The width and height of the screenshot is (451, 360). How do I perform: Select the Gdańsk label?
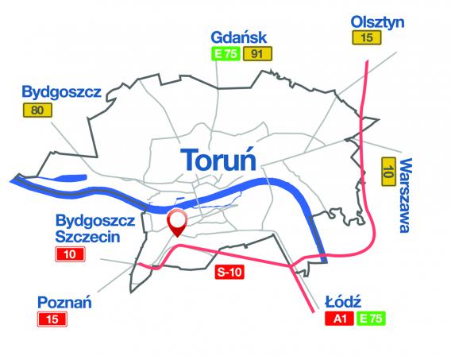click(237, 37)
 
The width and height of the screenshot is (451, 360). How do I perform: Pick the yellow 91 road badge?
click(256, 54)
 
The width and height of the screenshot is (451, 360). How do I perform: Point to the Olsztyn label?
click(377, 22)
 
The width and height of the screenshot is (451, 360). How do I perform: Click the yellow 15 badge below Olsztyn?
click(365, 38)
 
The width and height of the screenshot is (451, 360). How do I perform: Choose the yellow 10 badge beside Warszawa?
click(388, 170)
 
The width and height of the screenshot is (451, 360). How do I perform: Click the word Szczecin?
click(87, 236)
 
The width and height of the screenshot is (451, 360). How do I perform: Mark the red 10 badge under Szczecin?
click(71, 254)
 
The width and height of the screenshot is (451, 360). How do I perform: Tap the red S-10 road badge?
click(228, 273)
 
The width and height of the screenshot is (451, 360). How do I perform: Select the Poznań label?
click(66, 302)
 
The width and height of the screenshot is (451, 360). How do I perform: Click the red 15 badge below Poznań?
click(54, 319)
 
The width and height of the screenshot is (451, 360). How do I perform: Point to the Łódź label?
click(344, 303)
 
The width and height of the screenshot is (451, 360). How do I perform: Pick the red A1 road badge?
click(339, 319)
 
